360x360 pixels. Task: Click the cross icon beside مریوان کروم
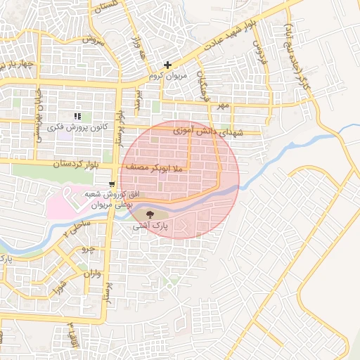[x=167, y=65]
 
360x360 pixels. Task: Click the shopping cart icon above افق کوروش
[x=112, y=184]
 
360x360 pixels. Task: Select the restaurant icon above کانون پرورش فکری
[x=77, y=116]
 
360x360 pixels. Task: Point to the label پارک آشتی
[x=149, y=227]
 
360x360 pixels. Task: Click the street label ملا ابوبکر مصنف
[x=155, y=169]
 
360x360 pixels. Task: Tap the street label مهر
[x=223, y=105]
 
